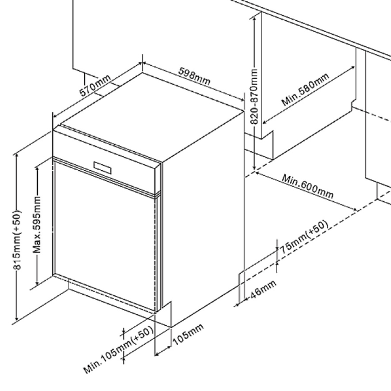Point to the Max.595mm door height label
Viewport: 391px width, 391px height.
[x=38, y=225]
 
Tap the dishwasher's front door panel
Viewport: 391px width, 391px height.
[x=104, y=235]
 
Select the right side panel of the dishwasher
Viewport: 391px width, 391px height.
[x=202, y=209]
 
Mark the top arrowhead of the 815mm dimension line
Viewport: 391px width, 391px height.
[x=16, y=154]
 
